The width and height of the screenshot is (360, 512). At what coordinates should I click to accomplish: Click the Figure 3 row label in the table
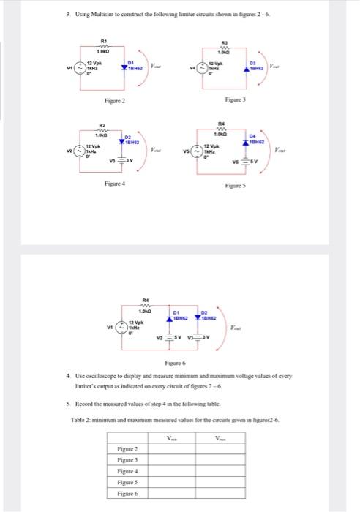coord(129,459)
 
